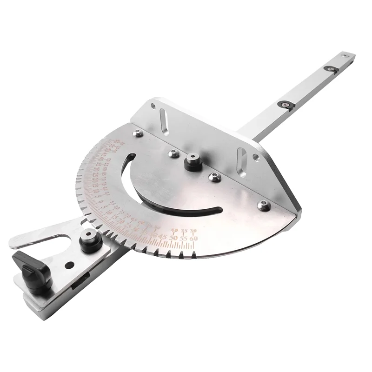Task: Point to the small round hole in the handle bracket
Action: [x=69, y=266]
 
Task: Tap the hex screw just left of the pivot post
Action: [x=173, y=153]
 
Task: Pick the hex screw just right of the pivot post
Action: [x=213, y=177]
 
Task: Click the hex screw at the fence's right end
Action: [x=263, y=205]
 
